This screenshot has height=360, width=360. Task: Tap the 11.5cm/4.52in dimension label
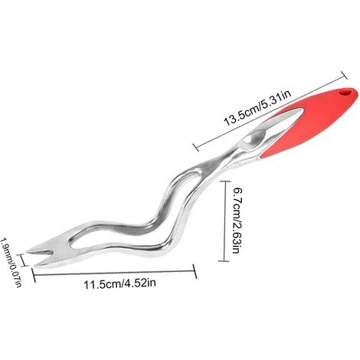[x=119, y=283]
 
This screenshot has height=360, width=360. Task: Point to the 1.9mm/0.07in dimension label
[x=11, y=262]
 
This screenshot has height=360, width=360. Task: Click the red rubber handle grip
[x=313, y=122]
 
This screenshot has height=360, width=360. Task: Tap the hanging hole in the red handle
[x=345, y=92]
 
